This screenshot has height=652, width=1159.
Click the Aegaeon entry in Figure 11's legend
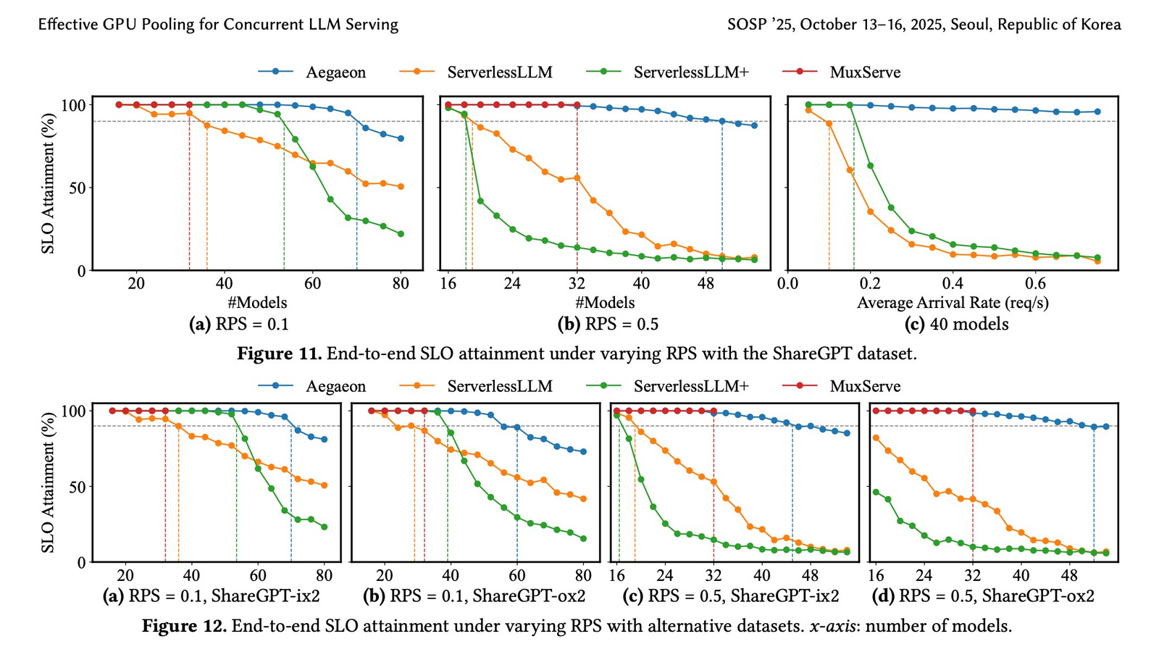point(335,72)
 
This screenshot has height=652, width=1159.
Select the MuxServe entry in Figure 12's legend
point(865,386)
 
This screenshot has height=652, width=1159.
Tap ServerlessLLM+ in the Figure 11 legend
point(690,72)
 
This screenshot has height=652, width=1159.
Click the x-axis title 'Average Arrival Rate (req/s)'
point(953,303)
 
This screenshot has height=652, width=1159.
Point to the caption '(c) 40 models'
point(956,324)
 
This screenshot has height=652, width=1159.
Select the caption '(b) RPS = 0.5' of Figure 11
point(608,324)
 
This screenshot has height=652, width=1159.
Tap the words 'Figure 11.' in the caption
point(280,354)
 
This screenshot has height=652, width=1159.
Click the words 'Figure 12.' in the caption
point(184,625)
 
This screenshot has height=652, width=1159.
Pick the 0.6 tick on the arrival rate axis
point(1036,283)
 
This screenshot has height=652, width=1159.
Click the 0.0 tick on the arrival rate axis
point(788,283)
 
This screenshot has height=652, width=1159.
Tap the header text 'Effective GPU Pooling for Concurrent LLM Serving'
point(218,25)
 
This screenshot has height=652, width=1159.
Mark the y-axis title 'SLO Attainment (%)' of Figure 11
point(49,184)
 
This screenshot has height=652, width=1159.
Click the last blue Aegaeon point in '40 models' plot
point(1097,112)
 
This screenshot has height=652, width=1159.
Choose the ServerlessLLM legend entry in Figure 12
point(499,386)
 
